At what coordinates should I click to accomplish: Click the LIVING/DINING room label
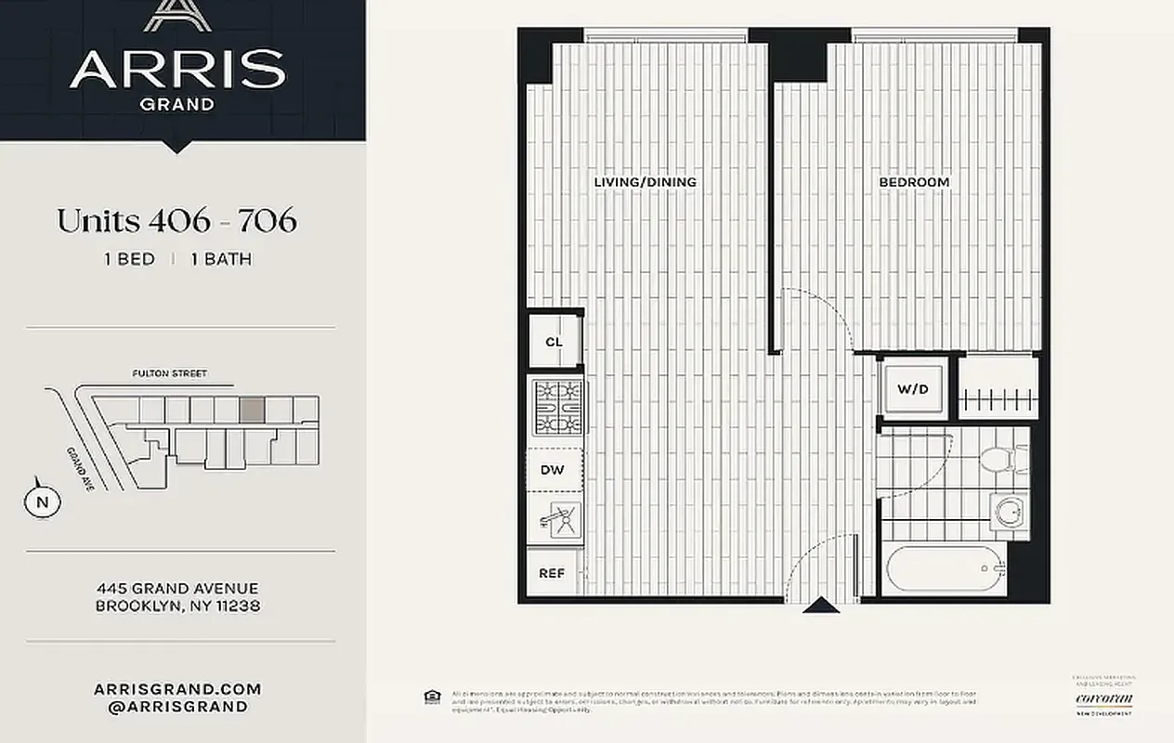pyautogui.click(x=645, y=182)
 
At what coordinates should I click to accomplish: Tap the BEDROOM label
pyautogui.click(x=914, y=182)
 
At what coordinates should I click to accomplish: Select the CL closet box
pyautogui.click(x=554, y=342)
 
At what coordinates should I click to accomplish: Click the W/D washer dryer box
pyautogui.click(x=913, y=388)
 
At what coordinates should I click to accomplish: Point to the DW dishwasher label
pyautogui.click(x=553, y=471)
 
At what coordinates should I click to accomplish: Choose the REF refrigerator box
pyautogui.click(x=553, y=573)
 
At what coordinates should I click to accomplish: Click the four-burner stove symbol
pyautogui.click(x=557, y=408)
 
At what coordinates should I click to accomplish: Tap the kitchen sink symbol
pyautogui.click(x=557, y=522)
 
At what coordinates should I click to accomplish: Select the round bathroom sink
pyautogui.click(x=1009, y=511)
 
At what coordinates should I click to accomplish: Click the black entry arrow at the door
pyautogui.click(x=821, y=606)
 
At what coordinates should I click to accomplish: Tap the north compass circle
pyautogui.click(x=42, y=502)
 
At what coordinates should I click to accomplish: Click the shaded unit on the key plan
pyautogui.click(x=252, y=410)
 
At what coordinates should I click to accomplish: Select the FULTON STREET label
pyautogui.click(x=170, y=374)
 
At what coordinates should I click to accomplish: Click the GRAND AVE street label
pyautogui.click(x=79, y=469)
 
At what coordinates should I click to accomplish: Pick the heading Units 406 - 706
pyautogui.click(x=176, y=221)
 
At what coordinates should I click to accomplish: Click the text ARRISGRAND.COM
pyautogui.click(x=177, y=689)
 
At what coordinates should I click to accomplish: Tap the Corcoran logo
pyautogui.click(x=1104, y=698)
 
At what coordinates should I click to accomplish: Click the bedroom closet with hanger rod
pyautogui.click(x=998, y=388)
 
